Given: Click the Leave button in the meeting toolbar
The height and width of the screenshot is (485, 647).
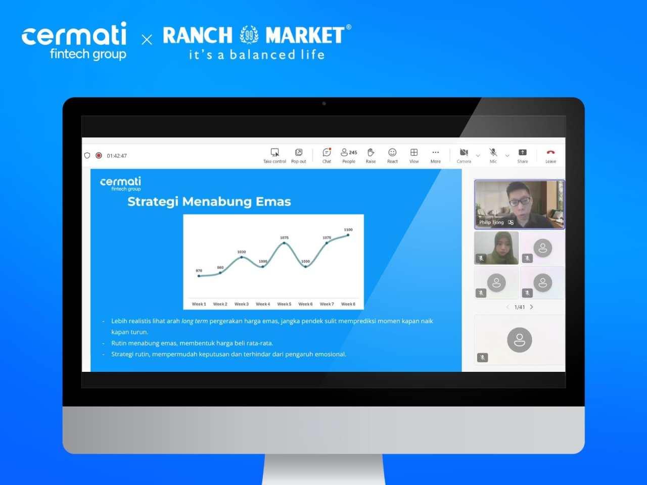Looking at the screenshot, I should tap(550, 155).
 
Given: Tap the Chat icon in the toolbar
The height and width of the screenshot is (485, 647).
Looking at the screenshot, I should tap(327, 155).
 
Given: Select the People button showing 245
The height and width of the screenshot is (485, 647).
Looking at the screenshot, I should tap(349, 155).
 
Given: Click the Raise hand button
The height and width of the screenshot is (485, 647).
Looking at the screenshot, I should tap(371, 155).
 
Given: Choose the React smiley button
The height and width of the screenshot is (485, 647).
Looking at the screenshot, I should tap(392, 155).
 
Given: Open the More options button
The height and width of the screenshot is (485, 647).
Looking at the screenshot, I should tap(436, 155).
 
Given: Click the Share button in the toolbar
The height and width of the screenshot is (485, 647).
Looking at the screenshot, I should tap(523, 155).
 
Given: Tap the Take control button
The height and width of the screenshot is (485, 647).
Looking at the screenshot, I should tap(274, 155).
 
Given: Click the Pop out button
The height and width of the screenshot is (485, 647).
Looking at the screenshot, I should tap(299, 155).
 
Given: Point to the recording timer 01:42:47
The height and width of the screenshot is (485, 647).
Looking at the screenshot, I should tap(117, 156).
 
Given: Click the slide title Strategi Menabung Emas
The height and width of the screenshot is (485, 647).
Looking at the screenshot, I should tap(209, 202).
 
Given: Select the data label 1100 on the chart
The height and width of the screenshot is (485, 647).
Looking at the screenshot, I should tap(348, 230).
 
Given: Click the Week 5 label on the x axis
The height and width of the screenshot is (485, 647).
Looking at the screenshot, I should tap(284, 304).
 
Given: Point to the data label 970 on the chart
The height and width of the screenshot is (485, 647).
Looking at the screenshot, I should tap(199, 271).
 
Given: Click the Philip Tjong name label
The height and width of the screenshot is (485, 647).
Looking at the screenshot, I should tap(491, 222).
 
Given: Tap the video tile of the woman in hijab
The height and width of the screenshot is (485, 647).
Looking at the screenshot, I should tap(496, 248).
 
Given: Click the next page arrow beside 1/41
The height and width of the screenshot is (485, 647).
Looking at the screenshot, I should tap(532, 307).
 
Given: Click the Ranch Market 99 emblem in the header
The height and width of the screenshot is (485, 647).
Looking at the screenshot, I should tap(249, 35).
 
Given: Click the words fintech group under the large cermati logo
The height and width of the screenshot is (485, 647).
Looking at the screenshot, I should tap(88, 54).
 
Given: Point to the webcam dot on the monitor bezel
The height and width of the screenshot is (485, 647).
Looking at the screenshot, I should tap(324, 104).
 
